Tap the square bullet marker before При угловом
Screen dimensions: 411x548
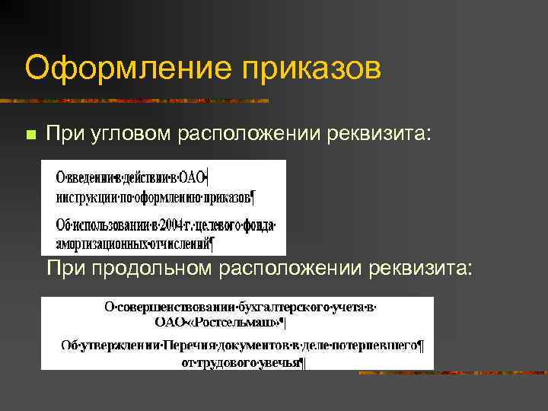(x=30, y=135)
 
